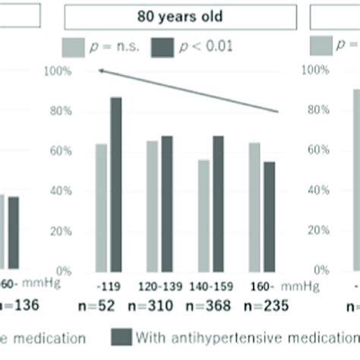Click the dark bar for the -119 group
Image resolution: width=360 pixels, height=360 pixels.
(x=116, y=184)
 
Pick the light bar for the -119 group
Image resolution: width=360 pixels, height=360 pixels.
(x=101, y=207)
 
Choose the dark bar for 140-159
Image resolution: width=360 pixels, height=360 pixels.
(x=219, y=203)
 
